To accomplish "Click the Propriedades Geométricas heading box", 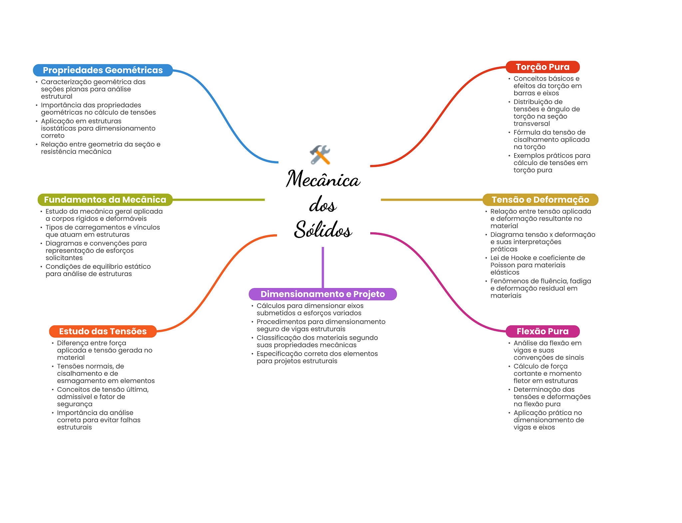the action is [x=103, y=70].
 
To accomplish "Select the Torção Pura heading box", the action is [x=542, y=67].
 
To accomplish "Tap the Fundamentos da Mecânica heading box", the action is [x=105, y=200].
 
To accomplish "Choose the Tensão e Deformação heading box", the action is [x=540, y=200].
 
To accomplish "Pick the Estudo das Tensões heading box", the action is [x=103, y=331].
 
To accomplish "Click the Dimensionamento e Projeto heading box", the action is [x=323, y=294].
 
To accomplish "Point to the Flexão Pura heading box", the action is [x=542, y=331].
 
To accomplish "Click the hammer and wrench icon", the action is [x=320, y=155].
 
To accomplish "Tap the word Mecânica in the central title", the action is [x=323, y=179].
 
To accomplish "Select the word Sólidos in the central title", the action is [x=323, y=229].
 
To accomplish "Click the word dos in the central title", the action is [x=323, y=204].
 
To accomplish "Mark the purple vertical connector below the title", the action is [x=323, y=267].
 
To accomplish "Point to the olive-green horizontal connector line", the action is [x=218, y=200].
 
